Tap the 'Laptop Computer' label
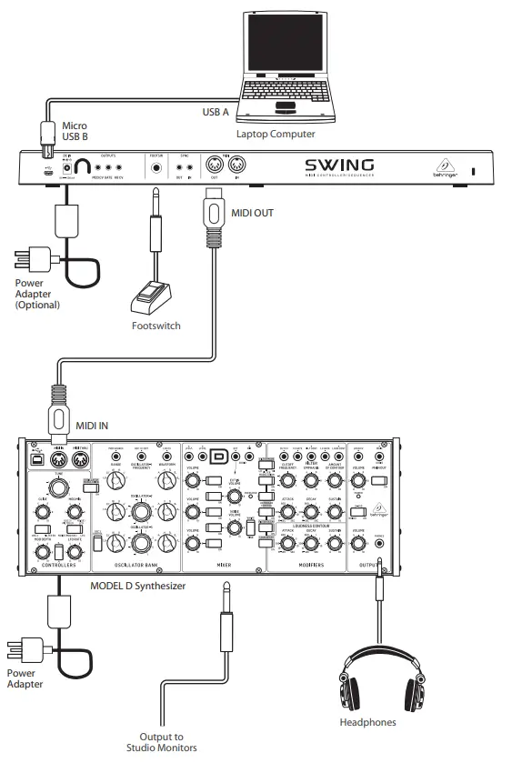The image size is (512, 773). click(276, 134)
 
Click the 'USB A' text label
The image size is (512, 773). click(216, 112)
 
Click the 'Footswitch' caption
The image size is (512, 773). click(156, 326)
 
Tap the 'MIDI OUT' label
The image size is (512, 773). click(251, 214)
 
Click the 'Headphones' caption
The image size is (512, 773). click(368, 723)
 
